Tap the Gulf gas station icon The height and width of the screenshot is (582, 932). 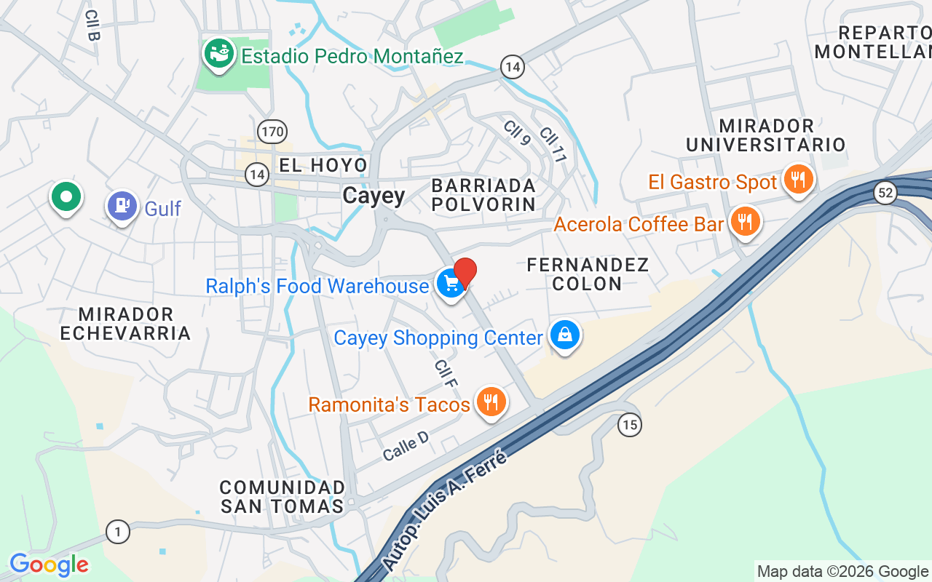[122, 206]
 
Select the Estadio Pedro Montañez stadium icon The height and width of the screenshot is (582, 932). [218, 53]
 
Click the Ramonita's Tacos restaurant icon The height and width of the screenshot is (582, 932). [491, 402]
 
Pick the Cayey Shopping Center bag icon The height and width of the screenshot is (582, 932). [565, 335]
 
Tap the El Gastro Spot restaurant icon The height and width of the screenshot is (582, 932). [799, 179]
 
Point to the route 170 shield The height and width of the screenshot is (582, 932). [272, 132]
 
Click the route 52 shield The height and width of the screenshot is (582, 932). [885, 193]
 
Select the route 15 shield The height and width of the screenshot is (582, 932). [629, 425]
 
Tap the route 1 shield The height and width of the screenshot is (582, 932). [118, 531]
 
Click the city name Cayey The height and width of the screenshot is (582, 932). [374, 196]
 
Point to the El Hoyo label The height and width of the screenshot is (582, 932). [323, 165]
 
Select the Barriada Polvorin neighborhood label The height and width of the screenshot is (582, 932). [483, 194]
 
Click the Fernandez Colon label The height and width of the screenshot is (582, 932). [587, 274]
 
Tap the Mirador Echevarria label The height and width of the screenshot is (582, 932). [125, 324]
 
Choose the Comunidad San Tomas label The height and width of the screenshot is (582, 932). [283, 496]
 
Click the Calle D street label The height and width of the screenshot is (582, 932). [406, 445]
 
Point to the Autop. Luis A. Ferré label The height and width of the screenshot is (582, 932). [443, 509]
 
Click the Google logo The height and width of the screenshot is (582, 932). [49, 565]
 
